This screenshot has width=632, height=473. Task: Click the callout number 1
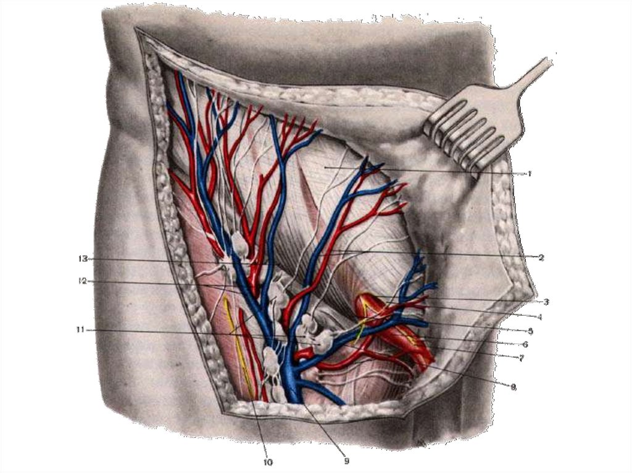point(530,174)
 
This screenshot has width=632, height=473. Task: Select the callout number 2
point(541,257)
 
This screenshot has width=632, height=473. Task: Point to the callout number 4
point(540,318)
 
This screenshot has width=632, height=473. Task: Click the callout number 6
point(525,344)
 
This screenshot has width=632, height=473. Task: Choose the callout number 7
point(521,358)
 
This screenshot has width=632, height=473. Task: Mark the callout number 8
point(513,387)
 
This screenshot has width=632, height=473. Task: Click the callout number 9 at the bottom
point(346,460)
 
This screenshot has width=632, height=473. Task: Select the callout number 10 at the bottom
point(268,462)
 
